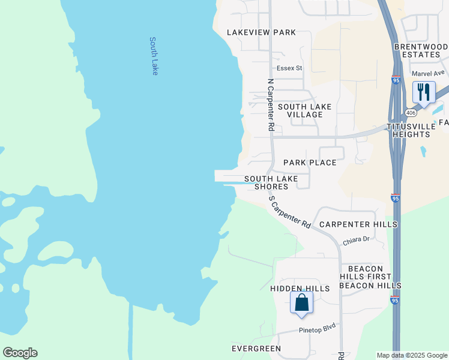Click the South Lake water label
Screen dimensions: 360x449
154,56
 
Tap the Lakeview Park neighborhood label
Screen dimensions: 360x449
261,32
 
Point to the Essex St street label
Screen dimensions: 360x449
289,68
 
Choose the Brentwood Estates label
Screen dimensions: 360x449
421,50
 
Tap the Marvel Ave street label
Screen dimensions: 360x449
428,73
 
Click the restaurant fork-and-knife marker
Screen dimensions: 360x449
424,93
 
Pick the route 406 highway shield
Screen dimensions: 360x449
411,112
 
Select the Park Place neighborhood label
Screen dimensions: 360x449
310,163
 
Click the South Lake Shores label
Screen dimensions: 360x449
271,182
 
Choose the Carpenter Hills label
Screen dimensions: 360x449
358,224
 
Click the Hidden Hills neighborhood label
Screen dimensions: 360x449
300,289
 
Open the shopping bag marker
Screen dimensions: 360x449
301,303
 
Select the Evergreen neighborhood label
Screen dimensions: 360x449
256,349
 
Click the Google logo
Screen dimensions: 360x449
20,353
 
